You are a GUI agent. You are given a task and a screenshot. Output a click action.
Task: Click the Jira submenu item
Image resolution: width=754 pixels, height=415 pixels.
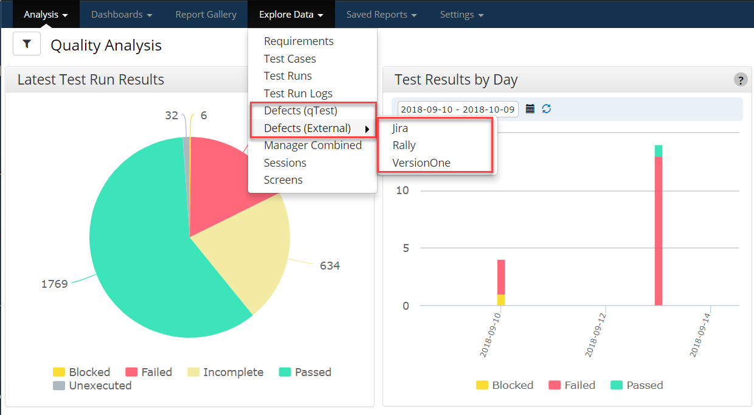click(400, 128)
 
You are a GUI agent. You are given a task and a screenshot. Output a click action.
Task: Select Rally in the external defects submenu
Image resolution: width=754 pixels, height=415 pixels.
click(404, 145)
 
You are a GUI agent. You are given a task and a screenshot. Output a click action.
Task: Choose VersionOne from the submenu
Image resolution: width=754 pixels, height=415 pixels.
click(421, 163)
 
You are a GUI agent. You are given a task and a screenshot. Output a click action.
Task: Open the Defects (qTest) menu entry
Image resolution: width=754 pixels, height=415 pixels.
click(300, 111)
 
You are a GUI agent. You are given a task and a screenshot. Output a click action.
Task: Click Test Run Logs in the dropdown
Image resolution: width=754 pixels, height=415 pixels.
click(298, 94)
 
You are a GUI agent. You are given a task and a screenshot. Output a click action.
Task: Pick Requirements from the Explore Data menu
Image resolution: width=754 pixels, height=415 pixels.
click(299, 41)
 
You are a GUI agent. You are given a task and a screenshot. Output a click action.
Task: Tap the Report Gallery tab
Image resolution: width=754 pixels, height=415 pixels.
click(206, 15)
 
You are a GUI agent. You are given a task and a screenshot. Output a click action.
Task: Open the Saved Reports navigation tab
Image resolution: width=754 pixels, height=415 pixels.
click(381, 15)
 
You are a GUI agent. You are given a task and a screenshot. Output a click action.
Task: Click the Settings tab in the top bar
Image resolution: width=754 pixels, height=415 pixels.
click(462, 15)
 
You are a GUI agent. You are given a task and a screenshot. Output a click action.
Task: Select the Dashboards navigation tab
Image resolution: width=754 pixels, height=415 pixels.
click(122, 15)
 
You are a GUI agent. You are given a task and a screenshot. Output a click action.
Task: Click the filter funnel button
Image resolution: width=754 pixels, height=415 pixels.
click(27, 44)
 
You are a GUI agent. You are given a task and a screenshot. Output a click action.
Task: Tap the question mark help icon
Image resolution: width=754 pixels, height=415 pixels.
click(740, 80)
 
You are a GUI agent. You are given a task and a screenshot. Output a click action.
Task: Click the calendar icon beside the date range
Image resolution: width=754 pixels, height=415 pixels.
click(530, 109)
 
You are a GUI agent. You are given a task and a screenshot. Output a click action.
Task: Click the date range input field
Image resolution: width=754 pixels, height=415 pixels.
click(458, 110)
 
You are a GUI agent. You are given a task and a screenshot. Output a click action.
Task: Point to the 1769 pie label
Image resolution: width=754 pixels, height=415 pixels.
click(54, 284)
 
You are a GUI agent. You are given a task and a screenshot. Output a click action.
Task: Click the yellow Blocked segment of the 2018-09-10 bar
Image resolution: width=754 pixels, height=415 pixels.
click(501, 300)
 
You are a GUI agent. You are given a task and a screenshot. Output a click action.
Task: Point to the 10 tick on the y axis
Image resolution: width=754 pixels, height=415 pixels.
click(402, 190)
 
